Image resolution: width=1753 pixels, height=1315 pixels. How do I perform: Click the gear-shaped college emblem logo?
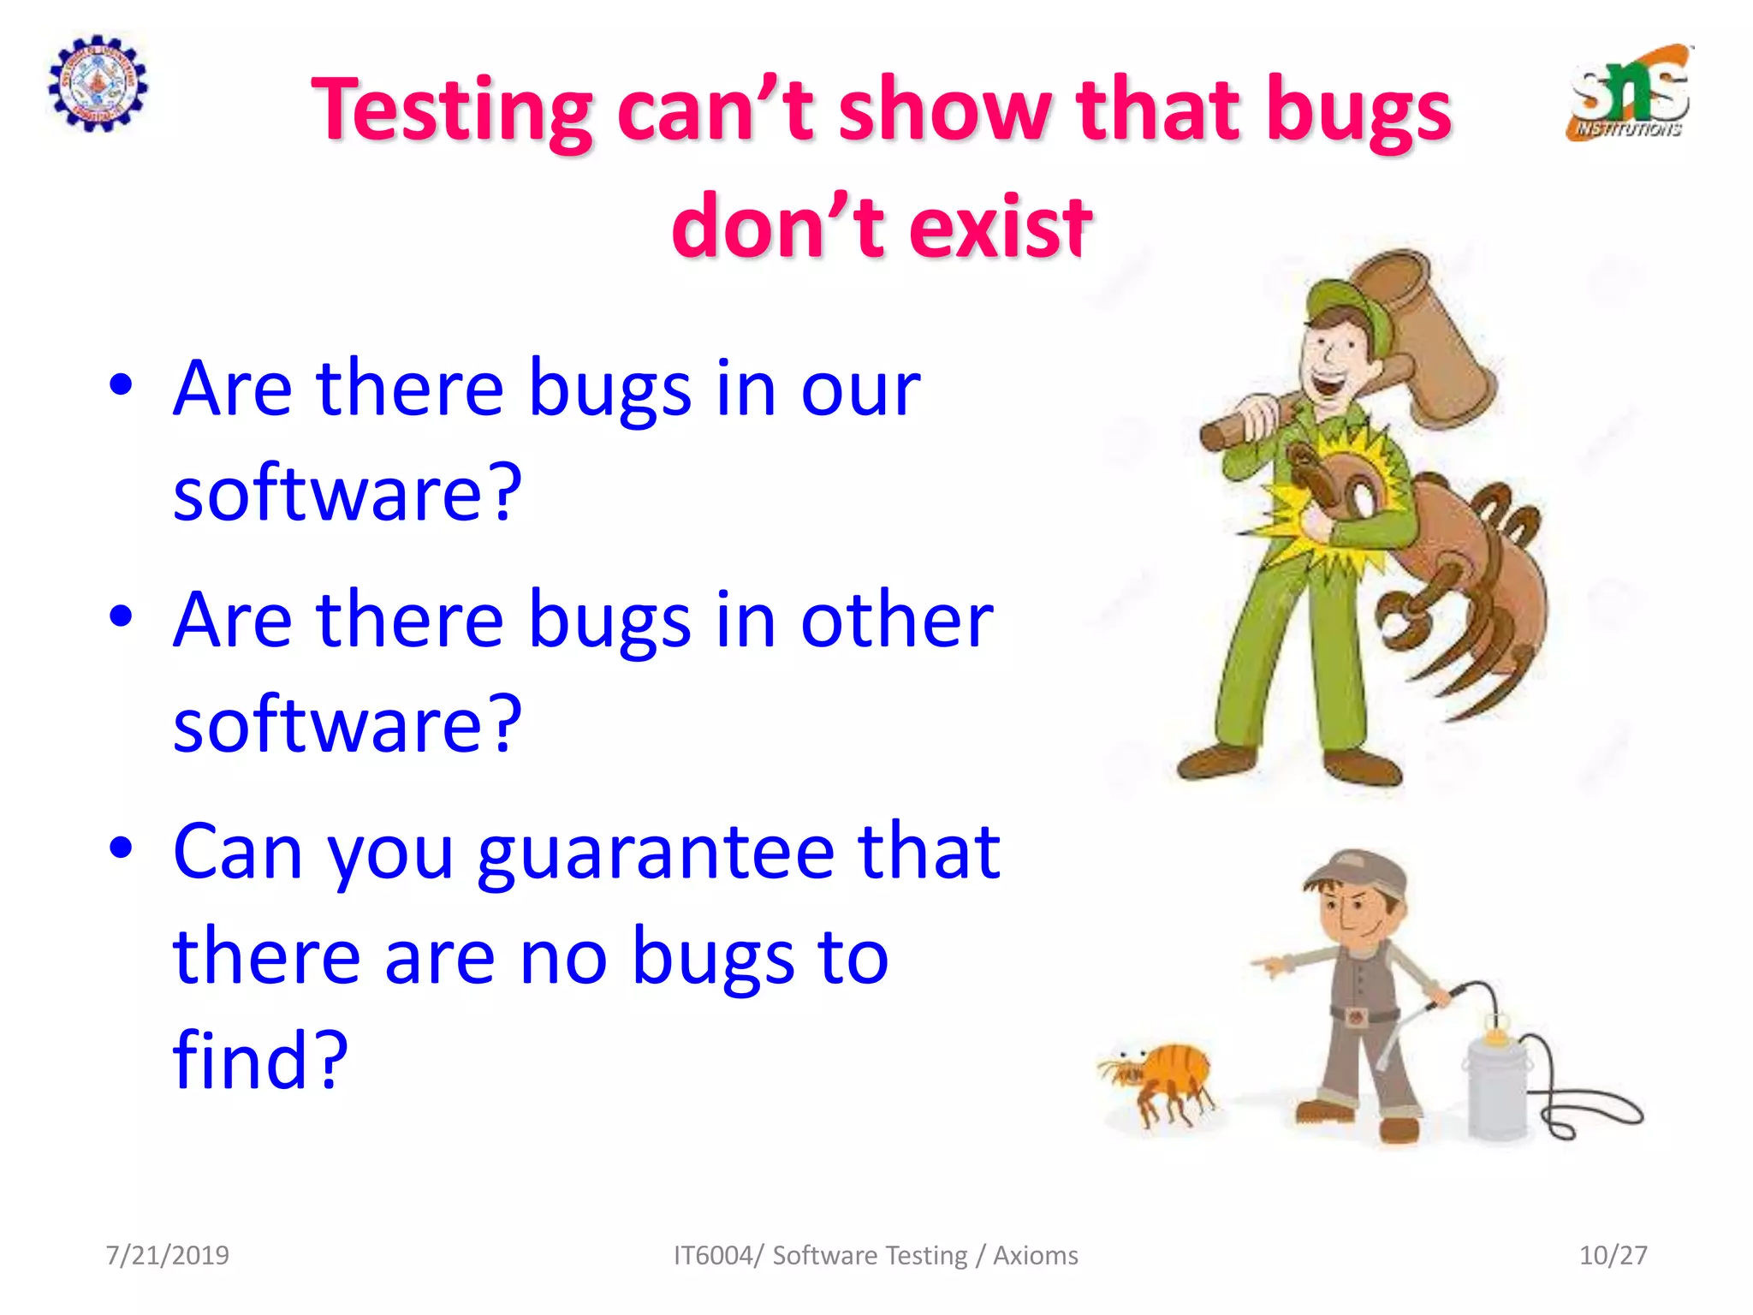[x=98, y=84]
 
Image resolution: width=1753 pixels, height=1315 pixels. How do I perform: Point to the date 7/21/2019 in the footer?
[x=168, y=1255]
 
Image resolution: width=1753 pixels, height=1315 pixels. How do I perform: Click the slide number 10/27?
[x=1613, y=1255]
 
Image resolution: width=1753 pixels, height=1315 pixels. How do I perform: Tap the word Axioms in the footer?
[x=1035, y=1255]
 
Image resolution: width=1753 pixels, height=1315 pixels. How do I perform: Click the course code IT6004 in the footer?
[x=713, y=1255]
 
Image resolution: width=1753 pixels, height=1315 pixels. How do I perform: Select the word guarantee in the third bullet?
[x=655, y=853]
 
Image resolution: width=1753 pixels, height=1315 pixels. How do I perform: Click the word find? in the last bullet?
[x=260, y=1060]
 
